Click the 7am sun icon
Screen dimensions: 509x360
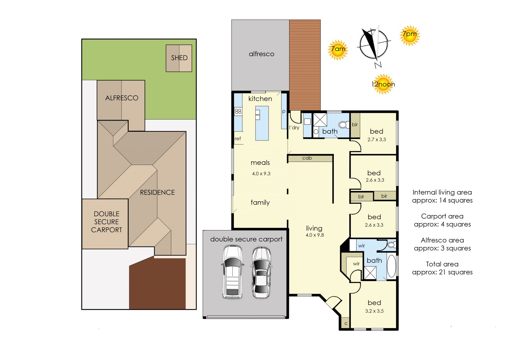(x=338, y=50)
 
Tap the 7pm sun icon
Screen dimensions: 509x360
(x=410, y=36)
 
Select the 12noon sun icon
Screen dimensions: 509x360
(x=383, y=84)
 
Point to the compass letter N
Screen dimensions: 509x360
(x=378, y=65)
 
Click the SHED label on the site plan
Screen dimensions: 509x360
(x=179, y=58)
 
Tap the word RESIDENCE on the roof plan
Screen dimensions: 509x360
(x=157, y=192)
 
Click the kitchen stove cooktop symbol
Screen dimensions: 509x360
(x=238, y=111)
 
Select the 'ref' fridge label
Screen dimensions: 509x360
(x=238, y=139)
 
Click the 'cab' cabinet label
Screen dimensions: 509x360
(x=307, y=158)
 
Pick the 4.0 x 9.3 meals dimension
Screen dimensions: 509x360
(x=261, y=174)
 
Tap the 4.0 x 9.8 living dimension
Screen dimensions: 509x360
(x=315, y=235)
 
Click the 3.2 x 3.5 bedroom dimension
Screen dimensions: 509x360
(x=374, y=311)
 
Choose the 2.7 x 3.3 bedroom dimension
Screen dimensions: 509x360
(x=377, y=139)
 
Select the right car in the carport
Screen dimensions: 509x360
(x=261, y=273)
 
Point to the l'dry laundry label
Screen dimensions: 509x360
(x=294, y=128)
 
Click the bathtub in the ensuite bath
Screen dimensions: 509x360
(x=391, y=266)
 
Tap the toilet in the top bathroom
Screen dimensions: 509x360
(x=344, y=125)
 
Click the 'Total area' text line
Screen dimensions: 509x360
(x=442, y=264)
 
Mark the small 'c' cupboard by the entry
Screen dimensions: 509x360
(x=346, y=323)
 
